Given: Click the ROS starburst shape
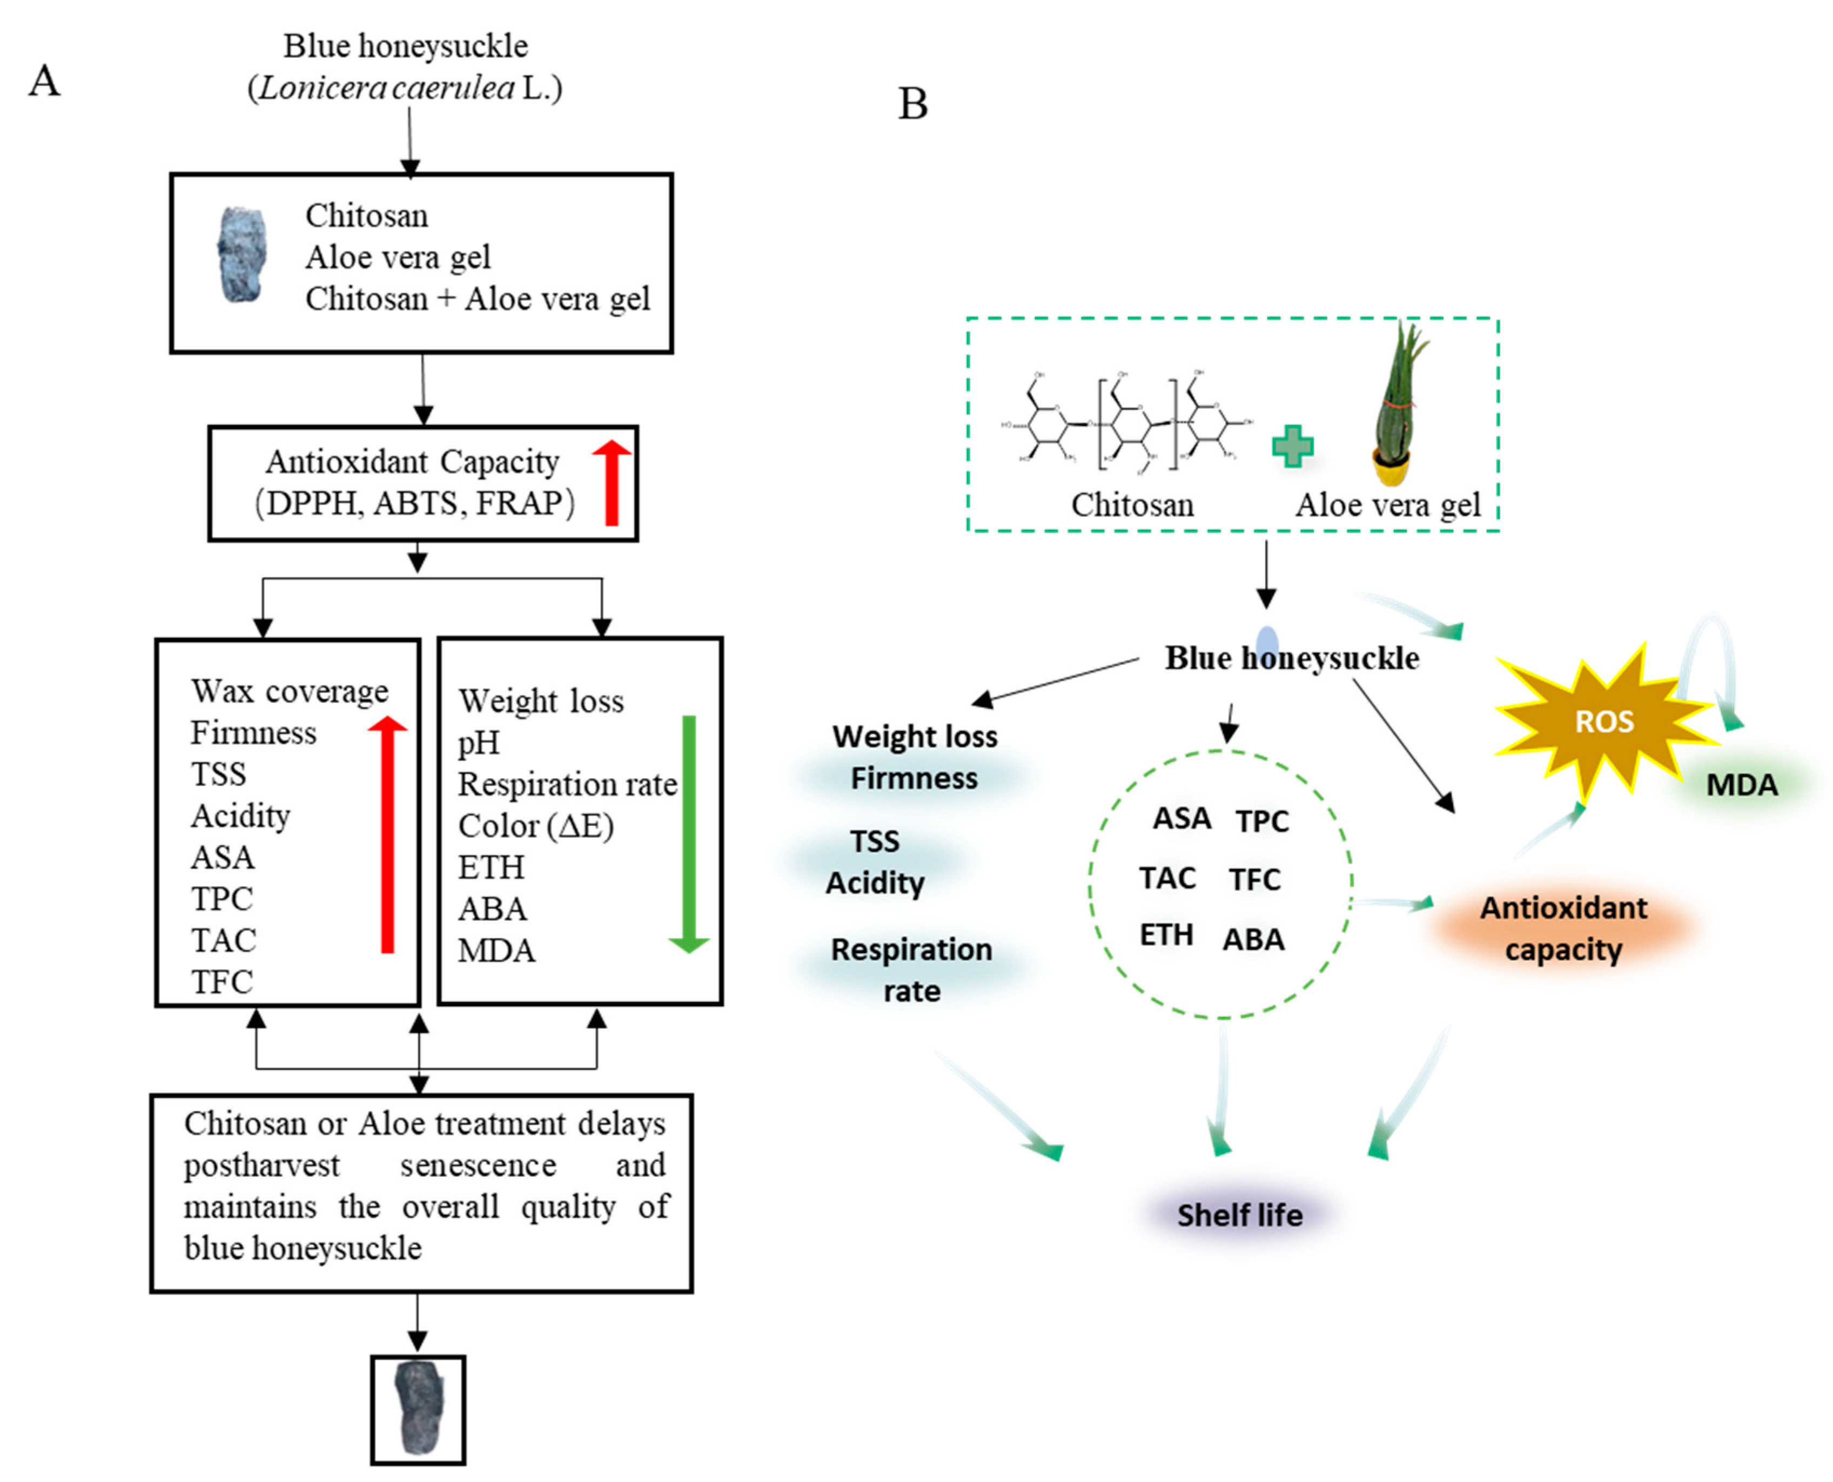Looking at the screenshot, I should pos(1603,722).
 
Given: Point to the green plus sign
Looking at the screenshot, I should pos(1293,446).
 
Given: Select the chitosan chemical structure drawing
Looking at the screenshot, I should pos(1127,422).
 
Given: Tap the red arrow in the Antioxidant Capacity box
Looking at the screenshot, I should pos(612,482).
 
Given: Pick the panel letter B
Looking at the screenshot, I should pos(912,104).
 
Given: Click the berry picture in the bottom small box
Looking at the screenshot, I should pos(418,1407).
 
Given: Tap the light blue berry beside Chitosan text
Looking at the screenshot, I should pos(241,254).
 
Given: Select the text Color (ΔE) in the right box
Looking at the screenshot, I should pos(535,825).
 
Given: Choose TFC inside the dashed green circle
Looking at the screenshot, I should pos(1254,879).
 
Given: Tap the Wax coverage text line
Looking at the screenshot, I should pos(290,691).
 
